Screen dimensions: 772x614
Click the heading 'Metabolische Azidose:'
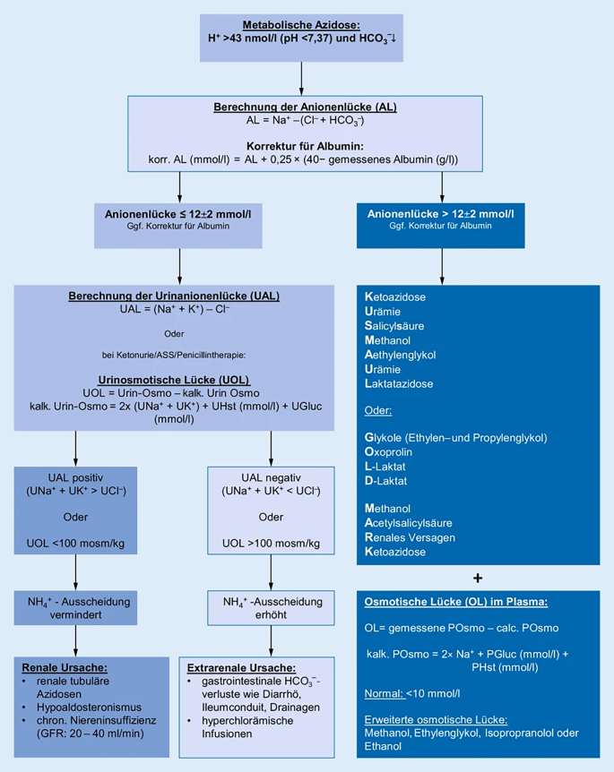301,25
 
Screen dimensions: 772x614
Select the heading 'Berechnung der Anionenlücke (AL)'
304,107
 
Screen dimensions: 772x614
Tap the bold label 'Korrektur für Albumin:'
304,145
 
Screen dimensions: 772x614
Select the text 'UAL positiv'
74,477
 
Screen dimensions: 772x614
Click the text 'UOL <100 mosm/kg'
74,543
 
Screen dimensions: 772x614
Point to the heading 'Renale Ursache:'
66,668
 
